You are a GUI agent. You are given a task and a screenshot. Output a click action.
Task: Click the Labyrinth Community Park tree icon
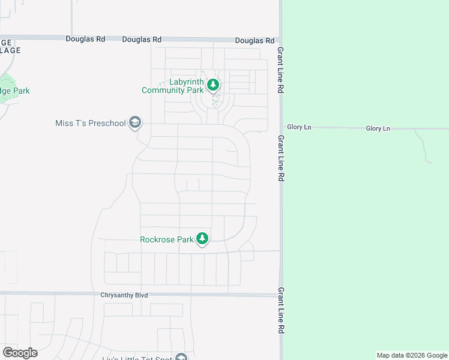coord(213,86)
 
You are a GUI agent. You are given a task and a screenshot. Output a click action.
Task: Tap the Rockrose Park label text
coord(166,239)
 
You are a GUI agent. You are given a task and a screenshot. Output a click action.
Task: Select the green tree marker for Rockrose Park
coord(203,239)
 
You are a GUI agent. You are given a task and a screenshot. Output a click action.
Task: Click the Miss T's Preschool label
coord(91,124)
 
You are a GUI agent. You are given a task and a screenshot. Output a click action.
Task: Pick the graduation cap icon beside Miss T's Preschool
coord(135,124)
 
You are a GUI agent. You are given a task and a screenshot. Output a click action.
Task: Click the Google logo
coord(20,352)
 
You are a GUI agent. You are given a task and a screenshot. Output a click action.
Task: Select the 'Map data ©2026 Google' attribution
coord(412,355)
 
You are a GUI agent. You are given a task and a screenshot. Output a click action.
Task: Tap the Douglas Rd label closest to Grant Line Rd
coord(255,40)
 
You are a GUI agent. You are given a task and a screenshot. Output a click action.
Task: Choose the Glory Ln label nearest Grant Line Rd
coord(299,127)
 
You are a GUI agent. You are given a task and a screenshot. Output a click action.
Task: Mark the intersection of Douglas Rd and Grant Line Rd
coord(280,40)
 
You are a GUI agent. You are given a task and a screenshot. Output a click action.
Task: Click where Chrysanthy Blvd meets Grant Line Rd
coord(280,295)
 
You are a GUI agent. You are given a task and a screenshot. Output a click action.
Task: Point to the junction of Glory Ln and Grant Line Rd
coord(280,128)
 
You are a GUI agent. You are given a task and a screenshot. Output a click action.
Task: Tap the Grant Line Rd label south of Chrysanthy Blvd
coord(280,310)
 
